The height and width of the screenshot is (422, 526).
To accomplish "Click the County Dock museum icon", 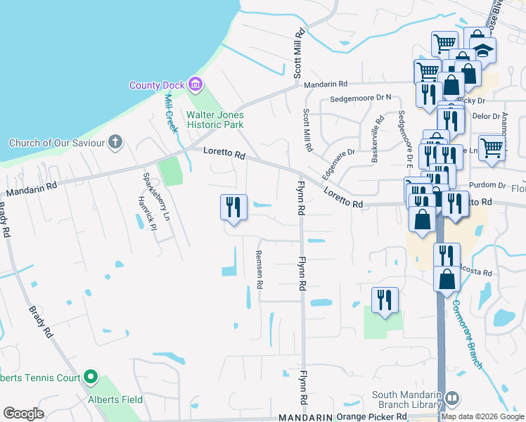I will (195, 86).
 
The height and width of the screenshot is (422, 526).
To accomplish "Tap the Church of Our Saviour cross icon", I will (116, 143).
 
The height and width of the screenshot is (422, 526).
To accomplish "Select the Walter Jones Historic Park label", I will (214, 120).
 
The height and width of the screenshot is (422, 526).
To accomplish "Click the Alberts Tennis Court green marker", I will (90, 378).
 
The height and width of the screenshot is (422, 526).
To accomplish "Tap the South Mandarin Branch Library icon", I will (451, 398).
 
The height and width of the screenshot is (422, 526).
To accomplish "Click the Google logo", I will (23, 414).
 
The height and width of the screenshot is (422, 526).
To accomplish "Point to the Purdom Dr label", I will (492, 185).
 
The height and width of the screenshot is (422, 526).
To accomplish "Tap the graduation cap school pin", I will (483, 51).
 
